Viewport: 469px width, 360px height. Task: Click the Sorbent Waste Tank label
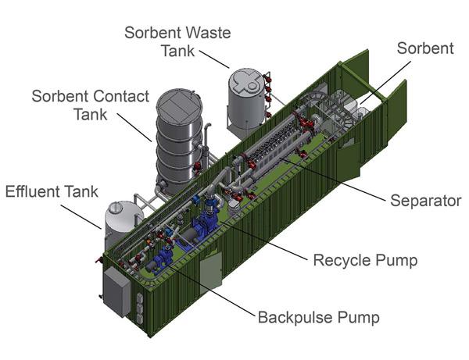[x=178, y=41]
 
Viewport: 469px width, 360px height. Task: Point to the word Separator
[x=426, y=201]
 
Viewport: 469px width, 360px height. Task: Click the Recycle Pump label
[x=364, y=259]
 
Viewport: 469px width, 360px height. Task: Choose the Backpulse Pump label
[x=319, y=318]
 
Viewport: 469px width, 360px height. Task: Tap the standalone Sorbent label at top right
[x=424, y=48]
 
